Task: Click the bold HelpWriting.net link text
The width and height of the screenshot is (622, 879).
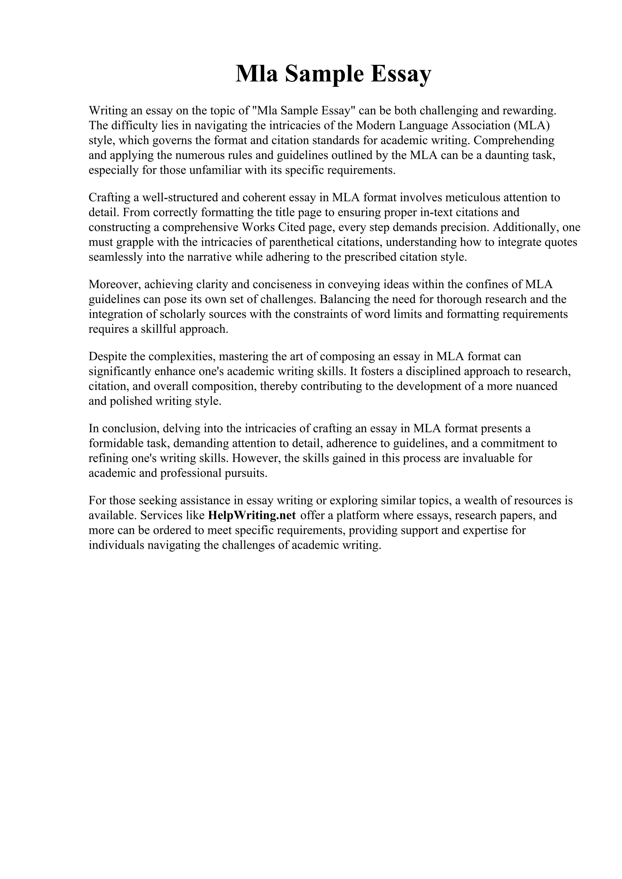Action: (252, 515)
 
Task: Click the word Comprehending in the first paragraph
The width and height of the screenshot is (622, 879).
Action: (514, 140)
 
